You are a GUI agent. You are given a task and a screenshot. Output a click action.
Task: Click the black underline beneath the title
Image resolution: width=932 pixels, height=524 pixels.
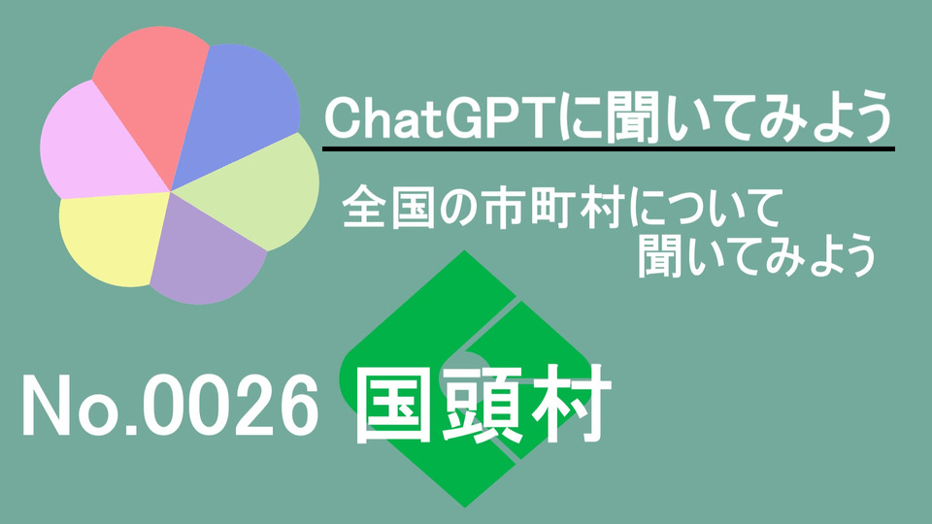(609, 148)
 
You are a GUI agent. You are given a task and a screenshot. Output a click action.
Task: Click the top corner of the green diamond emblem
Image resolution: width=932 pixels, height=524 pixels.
(464, 250)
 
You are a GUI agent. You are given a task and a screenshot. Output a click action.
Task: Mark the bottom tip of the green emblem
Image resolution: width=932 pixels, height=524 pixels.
(465, 508)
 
